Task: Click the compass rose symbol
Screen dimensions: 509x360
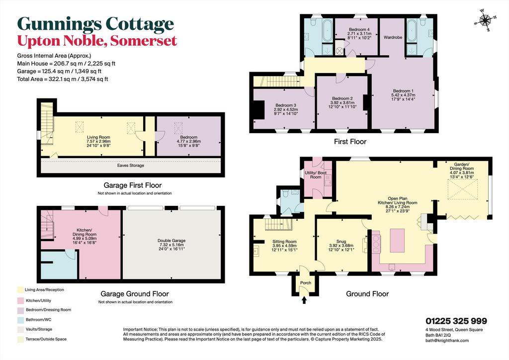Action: tap(485, 20)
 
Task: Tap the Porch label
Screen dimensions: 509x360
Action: tap(306, 283)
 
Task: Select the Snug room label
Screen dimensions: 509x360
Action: tap(341, 242)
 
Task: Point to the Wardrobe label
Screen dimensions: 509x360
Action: tap(393, 37)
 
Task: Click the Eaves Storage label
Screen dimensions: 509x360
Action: tap(131, 165)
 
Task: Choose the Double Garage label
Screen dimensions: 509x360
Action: tap(171, 241)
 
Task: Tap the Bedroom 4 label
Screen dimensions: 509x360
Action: tap(359, 29)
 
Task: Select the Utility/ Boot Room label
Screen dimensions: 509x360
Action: tap(316, 175)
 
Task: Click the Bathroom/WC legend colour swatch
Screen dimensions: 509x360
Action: tap(21, 320)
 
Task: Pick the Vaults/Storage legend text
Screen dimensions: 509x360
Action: tap(39, 329)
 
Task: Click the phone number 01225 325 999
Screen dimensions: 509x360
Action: tap(456, 321)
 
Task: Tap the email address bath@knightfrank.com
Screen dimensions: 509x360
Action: tap(447, 341)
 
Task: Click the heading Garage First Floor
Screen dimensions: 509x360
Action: tap(132, 185)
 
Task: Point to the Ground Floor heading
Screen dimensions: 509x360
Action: tap(367, 294)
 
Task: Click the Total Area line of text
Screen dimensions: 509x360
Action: tap(63, 79)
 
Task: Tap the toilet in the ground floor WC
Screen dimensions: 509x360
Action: tap(286, 194)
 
